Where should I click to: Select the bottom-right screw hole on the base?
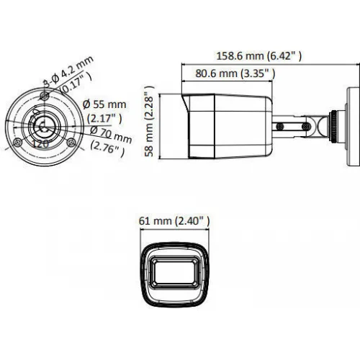coord(71,143)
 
